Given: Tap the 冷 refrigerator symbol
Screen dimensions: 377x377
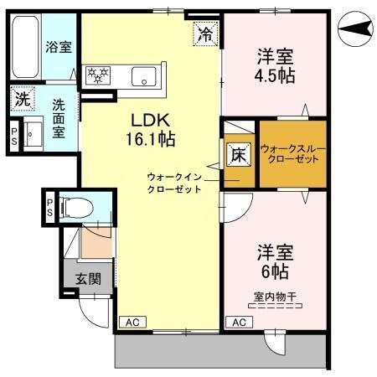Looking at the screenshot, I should coord(204,34).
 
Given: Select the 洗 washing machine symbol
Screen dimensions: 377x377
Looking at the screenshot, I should coord(21,98).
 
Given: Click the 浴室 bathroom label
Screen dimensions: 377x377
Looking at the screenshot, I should coord(58,47).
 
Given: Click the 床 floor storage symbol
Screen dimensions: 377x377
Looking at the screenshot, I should coord(238,155).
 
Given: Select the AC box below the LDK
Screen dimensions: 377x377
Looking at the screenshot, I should coord(131,322).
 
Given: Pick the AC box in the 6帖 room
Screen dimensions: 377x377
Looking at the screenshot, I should coord(238,322).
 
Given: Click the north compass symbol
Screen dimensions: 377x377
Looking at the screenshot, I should coord(356,30).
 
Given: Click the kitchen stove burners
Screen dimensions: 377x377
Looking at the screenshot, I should coord(100,75).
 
